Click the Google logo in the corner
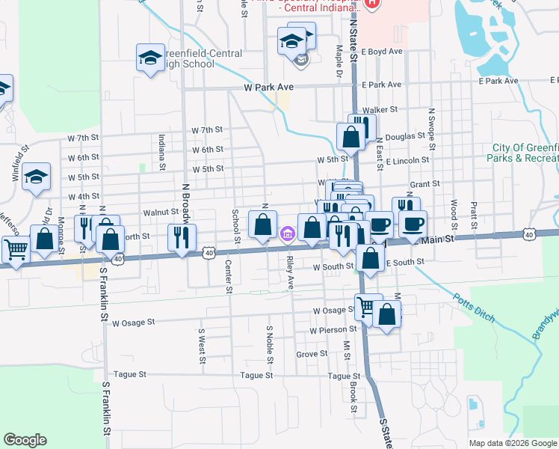tap(25, 440)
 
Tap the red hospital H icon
tap(372, 3)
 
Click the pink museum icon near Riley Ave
tap(288, 236)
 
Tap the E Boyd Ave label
tap(381, 52)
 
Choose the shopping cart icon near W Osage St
tap(365, 306)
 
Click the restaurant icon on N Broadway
tap(182, 237)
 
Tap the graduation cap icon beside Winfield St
tap(36, 177)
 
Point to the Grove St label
tap(312, 354)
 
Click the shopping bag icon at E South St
tap(371, 258)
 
